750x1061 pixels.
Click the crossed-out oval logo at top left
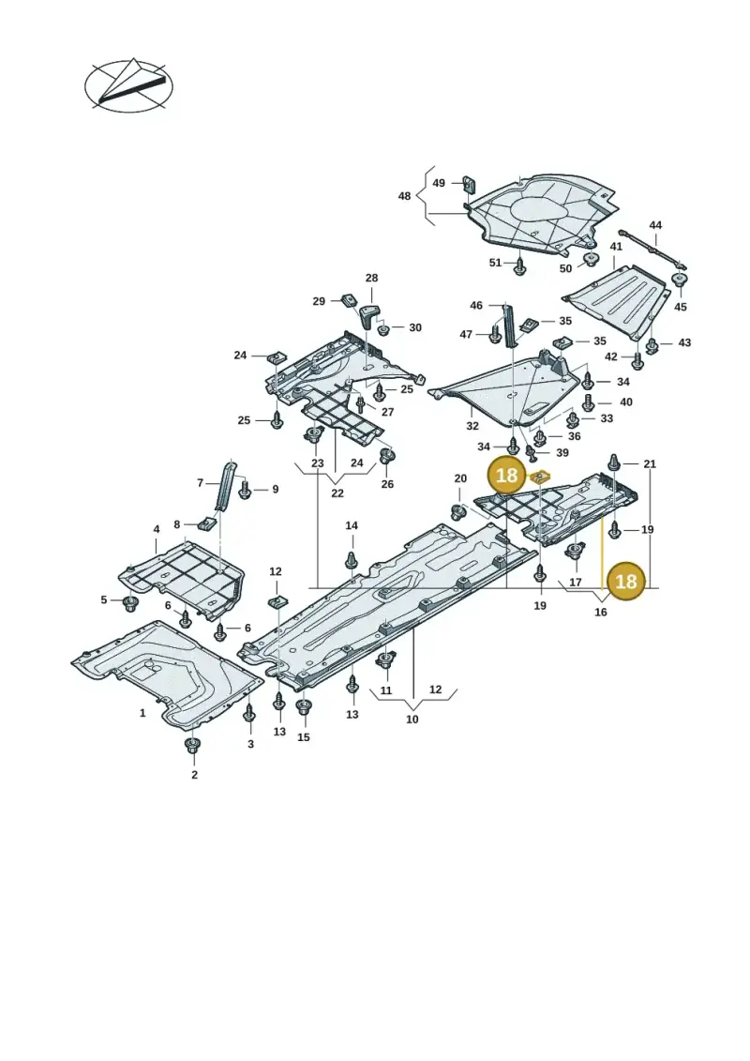(128, 86)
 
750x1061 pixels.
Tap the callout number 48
(404, 196)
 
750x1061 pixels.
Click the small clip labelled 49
(469, 182)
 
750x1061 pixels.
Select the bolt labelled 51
(519, 265)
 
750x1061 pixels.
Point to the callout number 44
(655, 224)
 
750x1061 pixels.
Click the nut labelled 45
(680, 280)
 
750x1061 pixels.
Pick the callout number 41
(616, 247)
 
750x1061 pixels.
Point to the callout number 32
(472, 426)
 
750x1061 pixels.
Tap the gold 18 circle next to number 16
(626, 581)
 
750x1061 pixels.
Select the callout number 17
(576, 582)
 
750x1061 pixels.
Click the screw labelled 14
(352, 559)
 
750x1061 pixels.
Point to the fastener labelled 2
(192, 746)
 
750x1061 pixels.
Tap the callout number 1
(142, 713)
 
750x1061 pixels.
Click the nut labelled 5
(130, 602)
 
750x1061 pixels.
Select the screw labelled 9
(246, 489)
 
